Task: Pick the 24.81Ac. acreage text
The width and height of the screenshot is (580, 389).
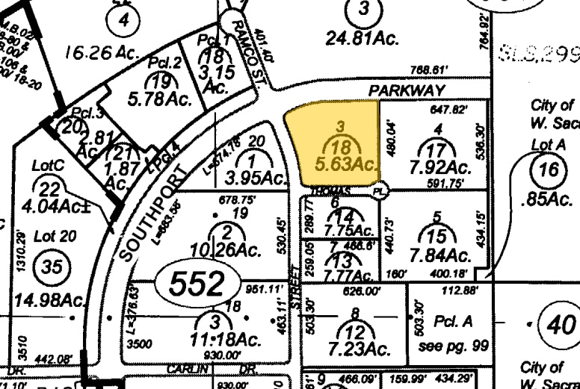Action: point(362,37)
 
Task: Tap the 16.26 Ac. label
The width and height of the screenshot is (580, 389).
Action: point(102,52)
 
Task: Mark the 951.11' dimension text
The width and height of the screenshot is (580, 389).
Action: point(260,289)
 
